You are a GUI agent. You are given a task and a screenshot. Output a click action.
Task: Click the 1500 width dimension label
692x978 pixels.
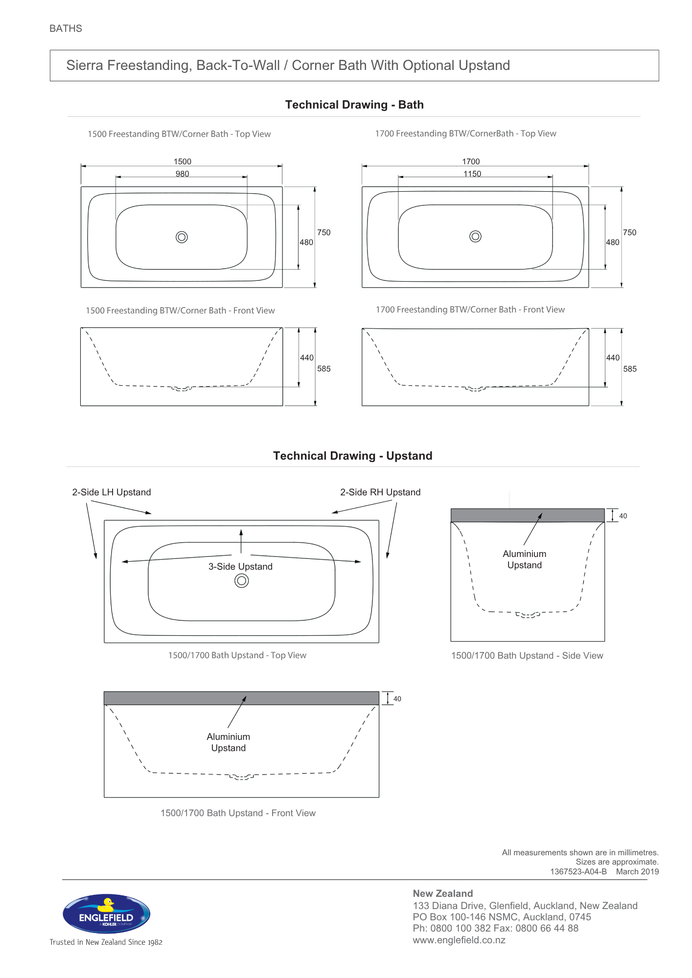point(183,161)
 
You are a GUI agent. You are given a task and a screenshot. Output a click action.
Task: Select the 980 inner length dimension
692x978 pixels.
point(183,174)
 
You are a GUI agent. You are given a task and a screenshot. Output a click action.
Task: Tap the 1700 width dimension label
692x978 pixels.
point(471,161)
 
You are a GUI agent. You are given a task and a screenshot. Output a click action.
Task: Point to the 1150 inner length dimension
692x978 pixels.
point(472,174)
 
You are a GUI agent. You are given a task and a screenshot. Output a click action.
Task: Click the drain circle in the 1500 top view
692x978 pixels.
point(182,237)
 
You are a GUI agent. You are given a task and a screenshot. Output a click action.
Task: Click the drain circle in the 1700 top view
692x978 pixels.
point(475,237)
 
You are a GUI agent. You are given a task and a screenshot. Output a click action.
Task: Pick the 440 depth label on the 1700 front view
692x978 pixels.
point(613,357)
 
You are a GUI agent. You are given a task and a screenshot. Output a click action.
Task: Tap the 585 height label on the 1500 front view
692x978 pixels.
point(324,369)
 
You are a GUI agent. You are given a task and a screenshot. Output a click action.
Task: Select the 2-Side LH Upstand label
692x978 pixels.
point(112,492)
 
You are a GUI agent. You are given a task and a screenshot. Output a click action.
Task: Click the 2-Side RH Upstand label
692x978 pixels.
point(380,492)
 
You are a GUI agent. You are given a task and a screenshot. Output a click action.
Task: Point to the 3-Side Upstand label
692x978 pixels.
point(240,567)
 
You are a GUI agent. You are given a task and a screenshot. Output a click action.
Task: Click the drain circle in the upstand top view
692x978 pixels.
point(242,580)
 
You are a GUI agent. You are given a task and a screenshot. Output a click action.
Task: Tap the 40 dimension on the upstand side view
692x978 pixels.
point(623,516)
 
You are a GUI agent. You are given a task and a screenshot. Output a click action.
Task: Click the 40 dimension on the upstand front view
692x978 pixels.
point(397,699)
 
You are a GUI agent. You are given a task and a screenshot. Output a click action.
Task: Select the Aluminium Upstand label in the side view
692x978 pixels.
point(525,559)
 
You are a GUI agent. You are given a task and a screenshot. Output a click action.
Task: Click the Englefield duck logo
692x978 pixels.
point(106,913)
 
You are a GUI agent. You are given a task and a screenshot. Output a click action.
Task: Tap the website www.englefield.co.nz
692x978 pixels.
point(459,940)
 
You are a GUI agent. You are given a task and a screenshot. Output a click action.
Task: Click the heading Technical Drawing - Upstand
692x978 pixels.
point(353,456)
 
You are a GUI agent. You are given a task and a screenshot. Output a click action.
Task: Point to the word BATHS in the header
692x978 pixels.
point(66,28)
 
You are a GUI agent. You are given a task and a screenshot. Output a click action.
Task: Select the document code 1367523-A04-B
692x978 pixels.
point(578,871)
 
